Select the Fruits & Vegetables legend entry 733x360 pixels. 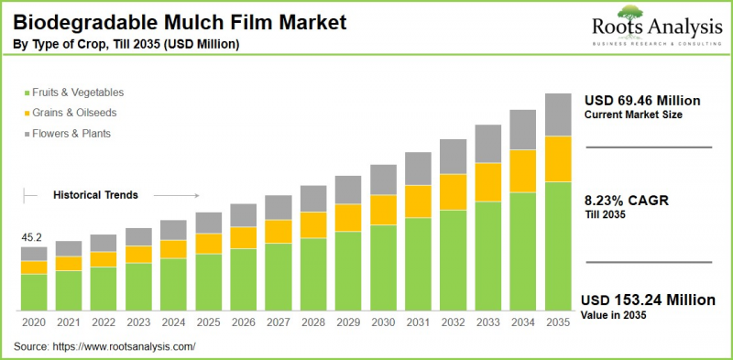tap(77, 93)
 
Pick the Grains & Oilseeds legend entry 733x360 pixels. tap(73, 113)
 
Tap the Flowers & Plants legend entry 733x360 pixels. tap(71, 133)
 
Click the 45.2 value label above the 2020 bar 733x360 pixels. tap(34, 238)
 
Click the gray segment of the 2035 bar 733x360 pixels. tap(558, 115)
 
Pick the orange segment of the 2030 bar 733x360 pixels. tap(383, 210)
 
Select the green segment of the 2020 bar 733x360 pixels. tap(34, 291)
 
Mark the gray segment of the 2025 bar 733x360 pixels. tap(209, 223)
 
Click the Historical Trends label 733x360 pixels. tap(95, 195)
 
